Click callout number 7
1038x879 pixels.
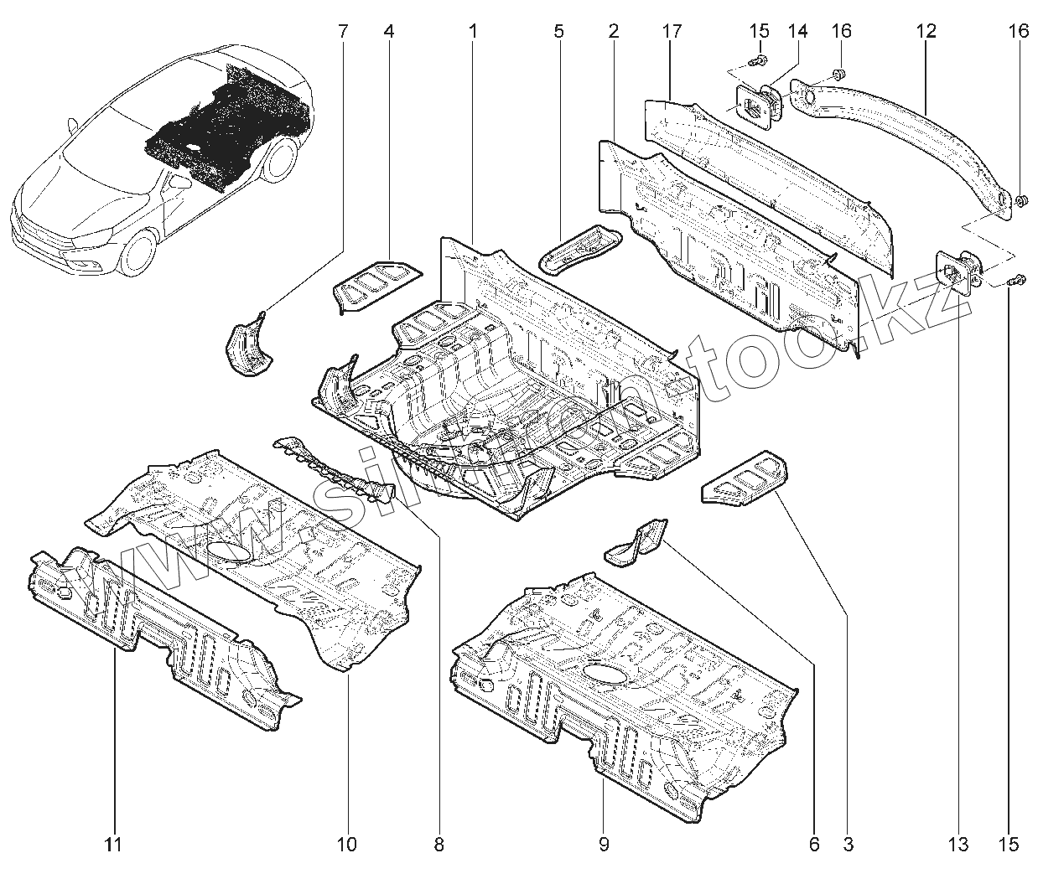(x=342, y=32)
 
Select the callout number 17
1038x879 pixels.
(x=671, y=32)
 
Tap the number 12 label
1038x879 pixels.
(x=926, y=32)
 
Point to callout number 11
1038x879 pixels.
(x=114, y=844)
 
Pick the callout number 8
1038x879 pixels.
(x=439, y=844)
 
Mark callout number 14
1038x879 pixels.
(x=797, y=32)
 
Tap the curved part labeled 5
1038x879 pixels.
(x=579, y=248)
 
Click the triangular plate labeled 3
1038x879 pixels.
(x=746, y=480)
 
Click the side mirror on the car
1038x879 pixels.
(x=74, y=125)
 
